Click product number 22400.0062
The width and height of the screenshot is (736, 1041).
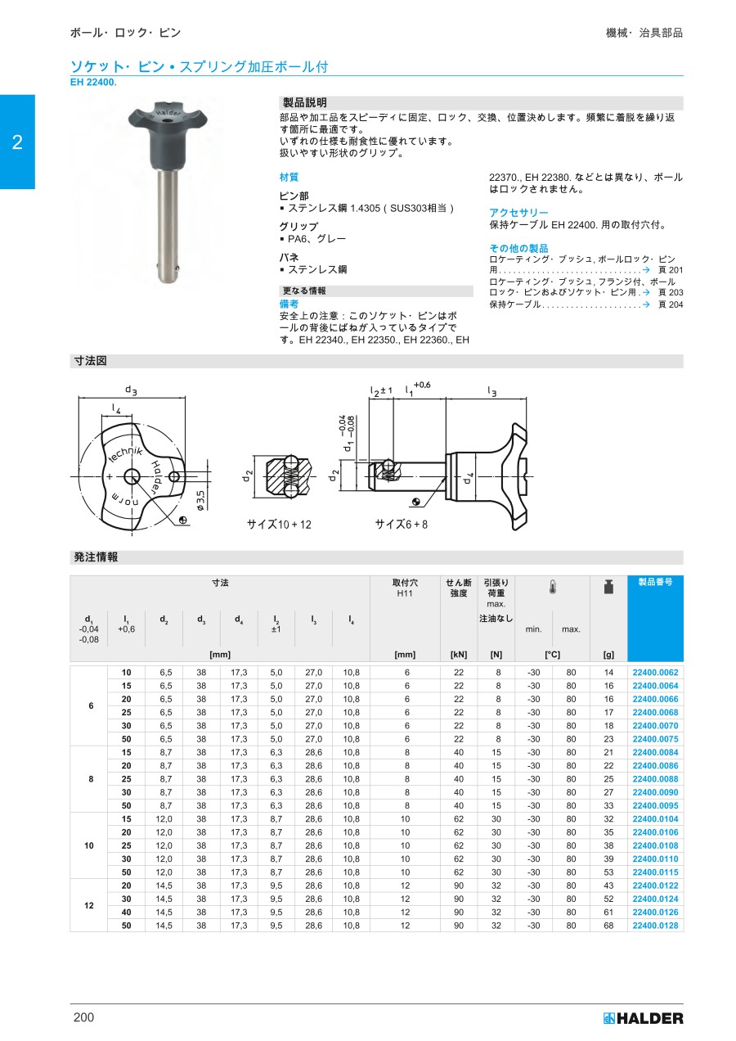(x=655, y=672)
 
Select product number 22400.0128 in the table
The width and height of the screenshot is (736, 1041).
(x=655, y=926)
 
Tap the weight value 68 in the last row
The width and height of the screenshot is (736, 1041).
(x=608, y=926)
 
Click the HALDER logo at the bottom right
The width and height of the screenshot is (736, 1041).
(x=643, y=1018)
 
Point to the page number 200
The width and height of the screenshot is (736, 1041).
(x=83, y=1017)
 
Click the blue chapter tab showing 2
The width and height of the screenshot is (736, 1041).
(x=17, y=142)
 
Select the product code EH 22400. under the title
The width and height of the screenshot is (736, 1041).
(x=93, y=82)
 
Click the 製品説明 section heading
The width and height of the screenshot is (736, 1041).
(x=304, y=103)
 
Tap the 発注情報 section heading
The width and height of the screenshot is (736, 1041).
(x=96, y=557)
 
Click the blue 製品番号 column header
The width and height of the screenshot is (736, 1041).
(x=655, y=582)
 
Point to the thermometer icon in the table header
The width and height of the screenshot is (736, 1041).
(x=552, y=588)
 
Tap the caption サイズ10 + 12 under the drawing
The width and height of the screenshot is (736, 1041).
(x=279, y=524)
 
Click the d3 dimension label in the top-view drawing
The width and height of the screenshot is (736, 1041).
(x=131, y=390)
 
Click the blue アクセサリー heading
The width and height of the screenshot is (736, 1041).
(x=518, y=213)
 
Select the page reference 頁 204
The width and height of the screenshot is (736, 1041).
(x=671, y=304)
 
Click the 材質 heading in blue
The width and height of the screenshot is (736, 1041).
(x=289, y=177)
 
